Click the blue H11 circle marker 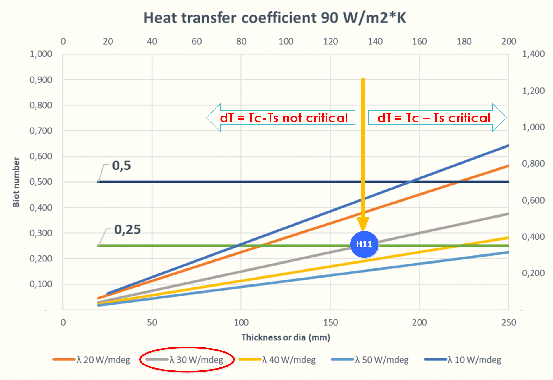pos(364,244)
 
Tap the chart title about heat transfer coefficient pos(274,18)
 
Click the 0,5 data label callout pos(121,166)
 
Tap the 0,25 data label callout pos(127,230)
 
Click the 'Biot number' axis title pos(16,182)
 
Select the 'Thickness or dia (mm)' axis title pos(286,337)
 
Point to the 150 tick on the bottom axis pos(330,322)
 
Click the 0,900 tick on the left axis pos(41,80)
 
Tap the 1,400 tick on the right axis pos(533,54)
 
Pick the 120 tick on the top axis pos(330,41)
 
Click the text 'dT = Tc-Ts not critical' pos(284,118)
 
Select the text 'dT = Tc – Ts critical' pos(434,118)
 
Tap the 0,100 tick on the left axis pos(41,284)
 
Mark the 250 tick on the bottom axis pos(509,322)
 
